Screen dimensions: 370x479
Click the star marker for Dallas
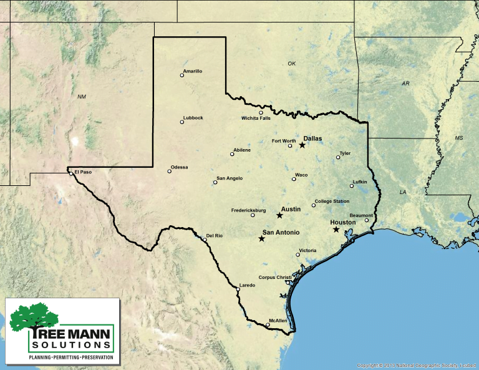coord(302,145)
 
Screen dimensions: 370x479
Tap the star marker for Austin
coord(279,215)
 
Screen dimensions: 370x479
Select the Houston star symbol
coord(336,230)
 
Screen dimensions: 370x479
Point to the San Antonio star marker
coord(261,238)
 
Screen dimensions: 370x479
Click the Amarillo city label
coord(193,71)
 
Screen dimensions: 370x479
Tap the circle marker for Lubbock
coord(182,122)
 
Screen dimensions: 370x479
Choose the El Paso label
coord(83,172)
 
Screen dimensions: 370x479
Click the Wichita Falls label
coord(256,118)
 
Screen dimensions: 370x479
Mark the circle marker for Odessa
coord(169,171)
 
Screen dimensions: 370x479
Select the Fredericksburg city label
coord(248,210)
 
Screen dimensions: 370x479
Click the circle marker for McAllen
coord(268,324)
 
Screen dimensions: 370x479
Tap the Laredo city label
coord(248,285)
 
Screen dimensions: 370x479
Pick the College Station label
coord(332,201)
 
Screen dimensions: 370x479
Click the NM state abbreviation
coord(82,97)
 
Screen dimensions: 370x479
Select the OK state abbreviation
coord(292,64)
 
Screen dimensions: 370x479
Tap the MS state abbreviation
coord(459,137)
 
